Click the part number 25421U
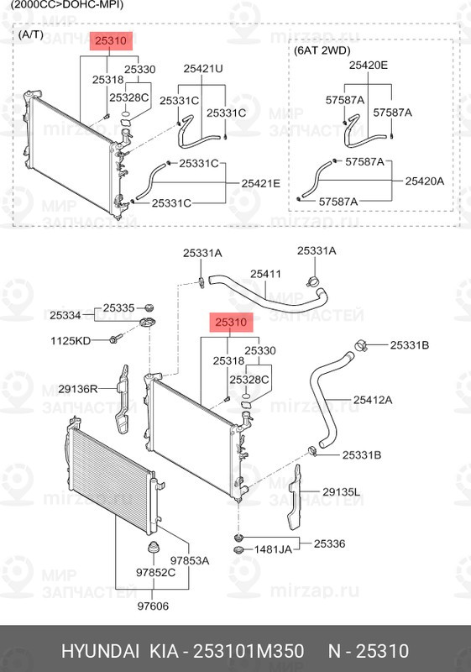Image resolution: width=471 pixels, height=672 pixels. pyautogui.click(x=204, y=69)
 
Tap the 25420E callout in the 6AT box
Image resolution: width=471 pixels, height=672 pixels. pyautogui.click(x=369, y=65)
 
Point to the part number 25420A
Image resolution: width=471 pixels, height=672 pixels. pyautogui.click(x=425, y=181)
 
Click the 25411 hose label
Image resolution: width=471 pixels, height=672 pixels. pyautogui.click(x=265, y=274)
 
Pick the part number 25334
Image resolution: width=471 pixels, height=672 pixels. pyautogui.click(x=65, y=316)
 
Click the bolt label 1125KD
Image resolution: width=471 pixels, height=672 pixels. pyautogui.click(x=71, y=341)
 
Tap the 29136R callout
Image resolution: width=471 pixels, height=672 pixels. pyautogui.click(x=78, y=389)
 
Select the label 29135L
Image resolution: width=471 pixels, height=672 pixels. pyautogui.click(x=342, y=492)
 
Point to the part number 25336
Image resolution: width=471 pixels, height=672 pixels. pyautogui.click(x=330, y=544)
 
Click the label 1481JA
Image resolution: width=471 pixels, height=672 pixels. pyautogui.click(x=274, y=549)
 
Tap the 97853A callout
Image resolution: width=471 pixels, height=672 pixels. pyautogui.click(x=190, y=559)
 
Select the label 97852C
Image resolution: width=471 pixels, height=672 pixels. pyautogui.click(x=156, y=573)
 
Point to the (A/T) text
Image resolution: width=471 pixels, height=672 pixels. pyautogui.click(x=31, y=34)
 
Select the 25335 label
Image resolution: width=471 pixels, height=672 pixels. pyautogui.click(x=118, y=308)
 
